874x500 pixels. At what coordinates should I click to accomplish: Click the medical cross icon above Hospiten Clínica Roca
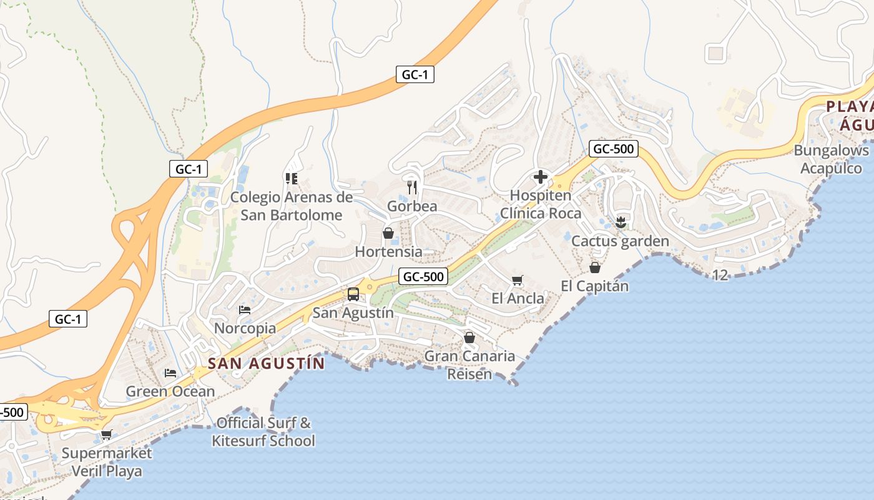[541, 177]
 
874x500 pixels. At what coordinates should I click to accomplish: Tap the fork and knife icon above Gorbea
[412, 187]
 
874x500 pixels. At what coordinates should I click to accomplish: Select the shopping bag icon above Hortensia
[388, 233]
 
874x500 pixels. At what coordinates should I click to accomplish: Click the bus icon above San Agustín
[353, 294]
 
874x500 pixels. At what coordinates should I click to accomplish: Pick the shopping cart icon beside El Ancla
[517, 280]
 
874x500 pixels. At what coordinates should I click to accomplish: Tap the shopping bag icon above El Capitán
[595, 267]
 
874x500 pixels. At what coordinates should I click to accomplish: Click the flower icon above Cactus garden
[621, 222]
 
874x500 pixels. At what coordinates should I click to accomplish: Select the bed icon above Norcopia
[245, 309]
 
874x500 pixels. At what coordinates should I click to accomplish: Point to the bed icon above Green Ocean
[170, 373]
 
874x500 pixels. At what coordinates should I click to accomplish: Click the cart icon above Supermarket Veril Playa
[107, 434]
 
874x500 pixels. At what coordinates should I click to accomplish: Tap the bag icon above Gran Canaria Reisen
[469, 337]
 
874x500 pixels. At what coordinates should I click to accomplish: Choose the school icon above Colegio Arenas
[291, 179]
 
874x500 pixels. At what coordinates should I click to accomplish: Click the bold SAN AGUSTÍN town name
[266, 363]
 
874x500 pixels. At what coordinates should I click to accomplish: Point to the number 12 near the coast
[720, 275]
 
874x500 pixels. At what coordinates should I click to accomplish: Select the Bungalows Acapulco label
[831, 159]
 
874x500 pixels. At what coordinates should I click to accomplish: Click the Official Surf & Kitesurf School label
[263, 432]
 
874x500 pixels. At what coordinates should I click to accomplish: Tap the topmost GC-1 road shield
[415, 74]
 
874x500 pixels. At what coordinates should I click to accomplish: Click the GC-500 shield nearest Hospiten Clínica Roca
[613, 149]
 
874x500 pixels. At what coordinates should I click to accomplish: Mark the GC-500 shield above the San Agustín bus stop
[423, 276]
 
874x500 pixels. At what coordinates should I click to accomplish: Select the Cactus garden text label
[620, 241]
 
